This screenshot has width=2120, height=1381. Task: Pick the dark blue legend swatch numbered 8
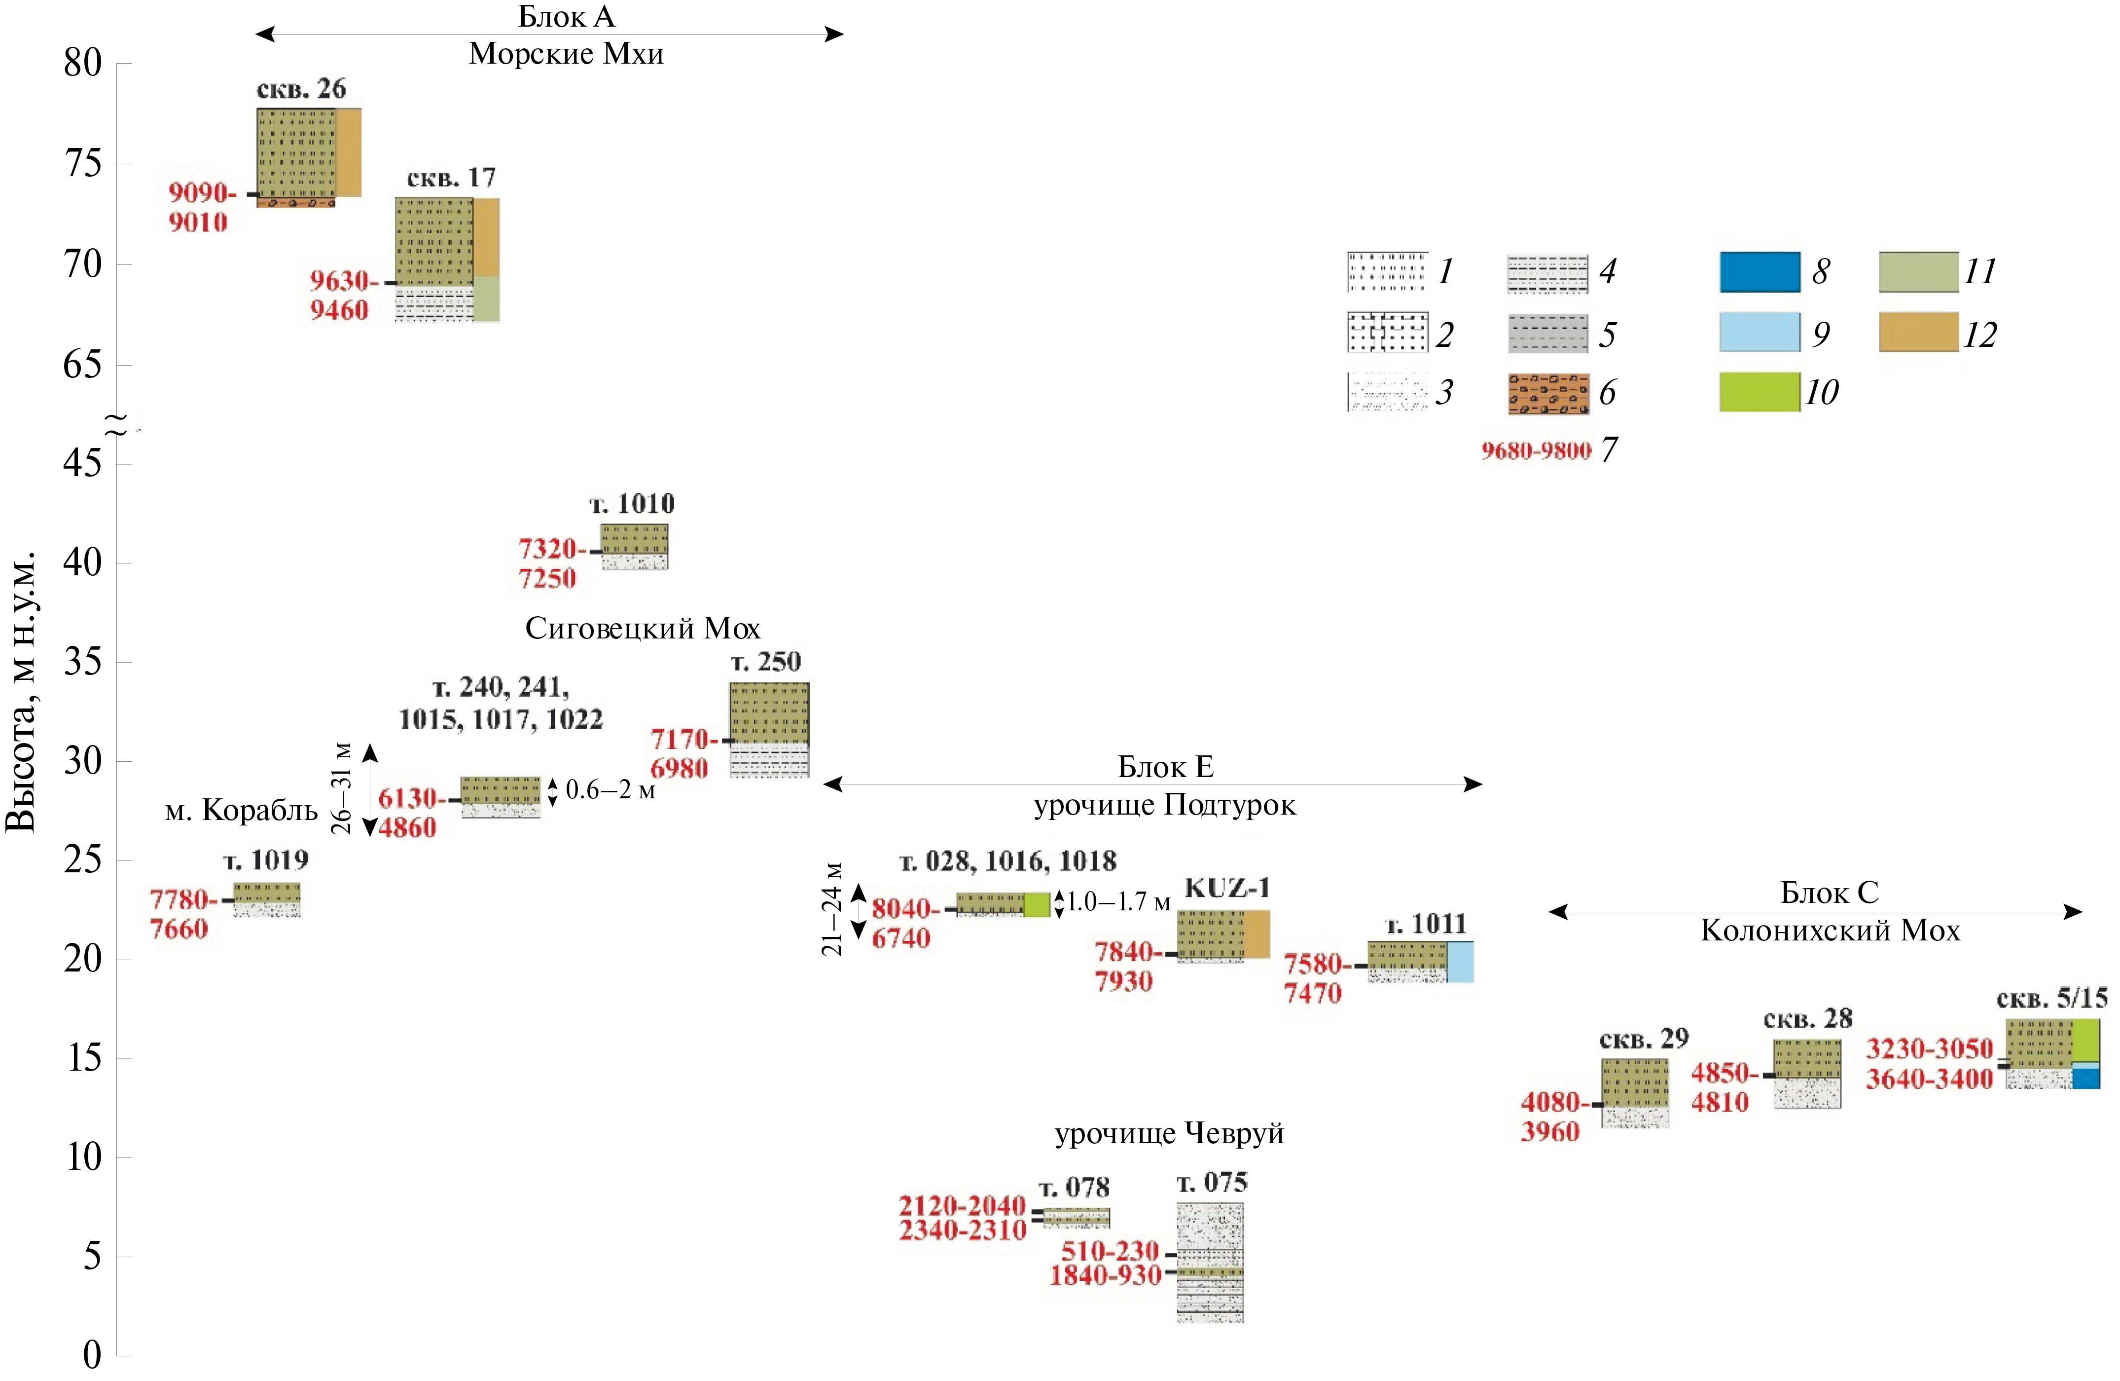1759,272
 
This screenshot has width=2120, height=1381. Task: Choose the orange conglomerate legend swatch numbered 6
1548,393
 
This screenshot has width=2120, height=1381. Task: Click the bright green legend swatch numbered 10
1759,393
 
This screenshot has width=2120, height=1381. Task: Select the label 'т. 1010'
632,504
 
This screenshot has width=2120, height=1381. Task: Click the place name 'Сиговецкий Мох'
642,629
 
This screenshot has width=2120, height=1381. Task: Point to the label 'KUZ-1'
1226,888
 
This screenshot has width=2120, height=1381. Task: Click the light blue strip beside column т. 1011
1460,962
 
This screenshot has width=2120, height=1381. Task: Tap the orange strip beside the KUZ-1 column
1257,933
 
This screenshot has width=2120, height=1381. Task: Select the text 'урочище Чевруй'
1170,1134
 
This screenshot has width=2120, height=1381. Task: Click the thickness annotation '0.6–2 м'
610,790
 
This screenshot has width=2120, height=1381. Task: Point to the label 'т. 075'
1212,1183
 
